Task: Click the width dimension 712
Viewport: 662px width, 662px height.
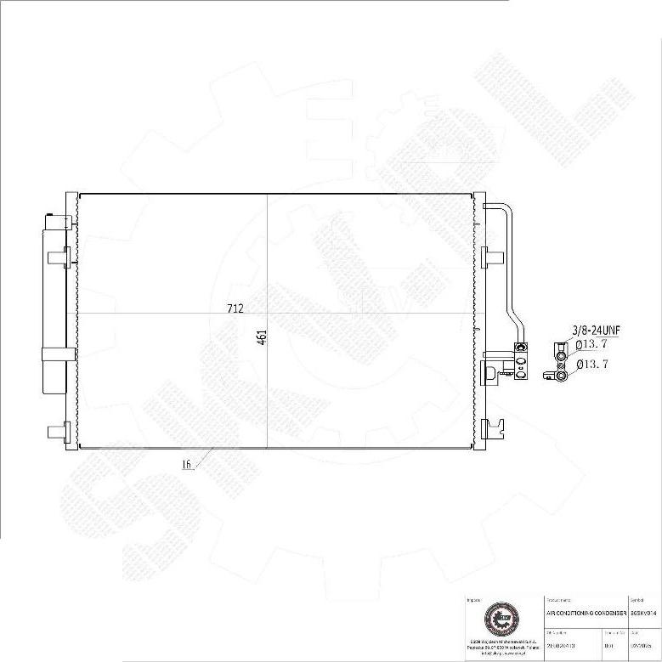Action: pyautogui.click(x=235, y=308)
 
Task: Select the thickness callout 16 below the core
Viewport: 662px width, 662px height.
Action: pyautogui.click(x=185, y=464)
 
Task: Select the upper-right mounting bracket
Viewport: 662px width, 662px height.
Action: pyautogui.click(x=489, y=257)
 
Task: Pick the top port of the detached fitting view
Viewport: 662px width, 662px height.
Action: pyautogui.click(x=561, y=348)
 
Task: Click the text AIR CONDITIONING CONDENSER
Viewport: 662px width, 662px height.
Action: pyautogui.click(x=586, y=613)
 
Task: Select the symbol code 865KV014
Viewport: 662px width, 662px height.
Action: pyautogui.click(x=644, y=613)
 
